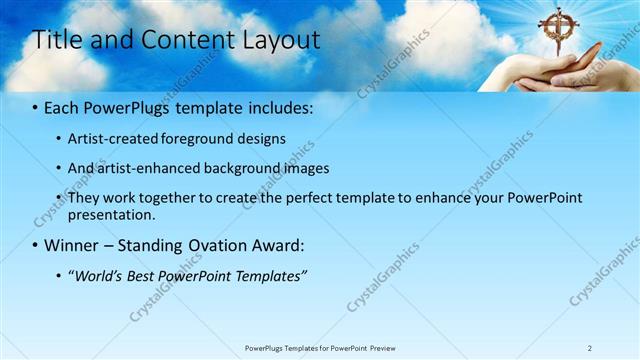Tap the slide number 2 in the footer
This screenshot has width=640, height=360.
coord(589,348)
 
